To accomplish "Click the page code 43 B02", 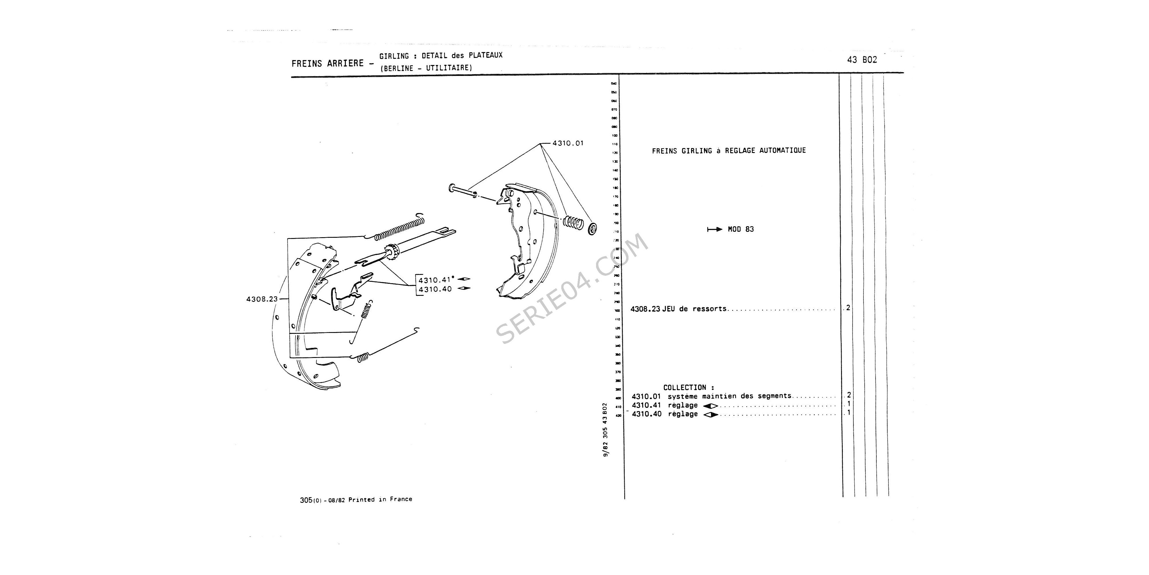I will [862, 60].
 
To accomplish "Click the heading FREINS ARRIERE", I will [327, 63].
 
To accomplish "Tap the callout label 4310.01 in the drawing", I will [568, 143].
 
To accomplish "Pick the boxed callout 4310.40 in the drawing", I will [435, 289].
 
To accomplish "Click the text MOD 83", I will [741, 229].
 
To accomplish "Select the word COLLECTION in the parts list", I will [685, 388].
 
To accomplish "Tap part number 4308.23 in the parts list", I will [645, 309].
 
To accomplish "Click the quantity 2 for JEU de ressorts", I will [848, 308].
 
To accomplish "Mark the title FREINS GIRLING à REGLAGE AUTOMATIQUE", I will [729, 151].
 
